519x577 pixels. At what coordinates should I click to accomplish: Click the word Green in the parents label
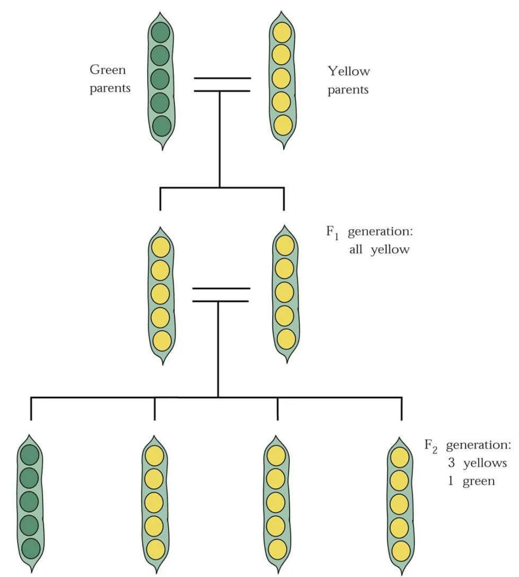[x=107, y=70]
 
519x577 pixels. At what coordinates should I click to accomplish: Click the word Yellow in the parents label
[x=348, y=72]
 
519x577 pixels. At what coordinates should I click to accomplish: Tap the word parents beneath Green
[x=110, y=89]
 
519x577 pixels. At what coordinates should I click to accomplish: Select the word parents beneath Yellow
[x=348, y=90]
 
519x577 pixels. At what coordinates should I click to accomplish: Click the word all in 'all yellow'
[x=356, y=250]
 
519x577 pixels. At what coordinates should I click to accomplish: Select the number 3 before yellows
[x=451, y=463]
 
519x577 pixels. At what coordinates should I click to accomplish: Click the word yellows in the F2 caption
[x=484, y=463]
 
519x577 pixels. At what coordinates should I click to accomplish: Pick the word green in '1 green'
[x=478, y=481]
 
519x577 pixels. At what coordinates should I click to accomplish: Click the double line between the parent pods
[x=222, y=84]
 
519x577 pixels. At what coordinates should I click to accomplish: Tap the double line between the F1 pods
[x=221, y=295]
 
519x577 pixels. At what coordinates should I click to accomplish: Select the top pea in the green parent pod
[x=160, y=33]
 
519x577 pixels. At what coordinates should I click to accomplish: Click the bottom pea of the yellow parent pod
[x=283, y=125]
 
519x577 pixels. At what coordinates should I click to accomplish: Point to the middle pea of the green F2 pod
[x=30, y=502]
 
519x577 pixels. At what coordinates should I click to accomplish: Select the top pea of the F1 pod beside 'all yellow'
[x=285, y=245]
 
